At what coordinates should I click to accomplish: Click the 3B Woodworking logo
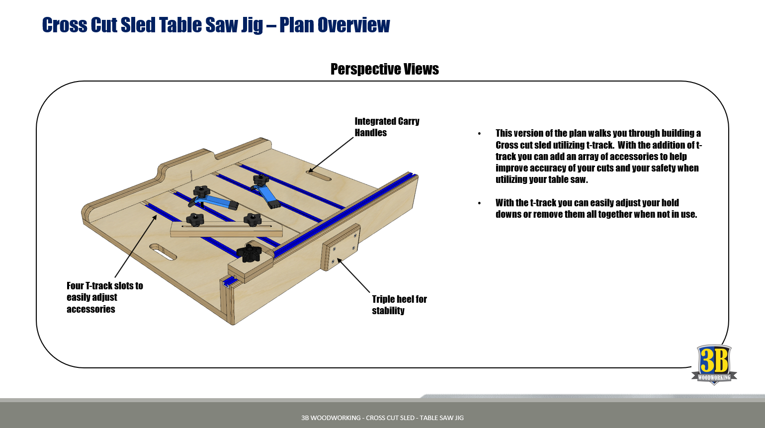[714, 365]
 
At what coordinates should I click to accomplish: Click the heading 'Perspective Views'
[385, 69]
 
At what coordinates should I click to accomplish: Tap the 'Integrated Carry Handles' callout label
[387, 127]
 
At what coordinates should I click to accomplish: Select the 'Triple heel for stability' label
[399, 305]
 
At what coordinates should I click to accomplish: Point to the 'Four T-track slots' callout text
[105, 297]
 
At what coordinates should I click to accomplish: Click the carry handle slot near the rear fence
[319, 175]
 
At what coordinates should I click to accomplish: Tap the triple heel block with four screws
[340, 247]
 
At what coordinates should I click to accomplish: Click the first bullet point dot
[480, 134]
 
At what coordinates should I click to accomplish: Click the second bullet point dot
[480, 203]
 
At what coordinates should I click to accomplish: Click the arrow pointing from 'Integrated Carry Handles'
[331, 155]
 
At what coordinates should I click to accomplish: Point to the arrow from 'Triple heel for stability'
[353, 275]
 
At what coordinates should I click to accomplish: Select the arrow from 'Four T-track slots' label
[136, 246]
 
